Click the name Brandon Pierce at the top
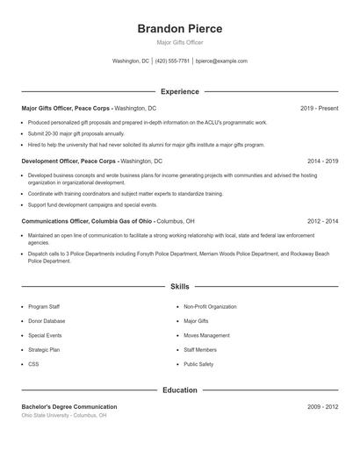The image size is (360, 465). pyautogui.click(x=180, y=29)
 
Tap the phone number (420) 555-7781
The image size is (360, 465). pyautogui.click(x=173, y=61)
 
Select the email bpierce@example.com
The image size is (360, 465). pyautogui.click(x=221, y=61)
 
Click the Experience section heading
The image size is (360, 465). pyautogui.click(x=180, y=91)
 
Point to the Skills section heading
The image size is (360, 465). pyautogui.click(x=180, y=286)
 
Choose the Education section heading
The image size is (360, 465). pyautogui.click(x=180, y=390)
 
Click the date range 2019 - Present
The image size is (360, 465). pyautogui.click(x=319, y=108)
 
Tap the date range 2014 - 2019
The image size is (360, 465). pyautogui.click(x=322, y=161)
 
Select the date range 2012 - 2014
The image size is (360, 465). pyautogui.click(x=322, y=221)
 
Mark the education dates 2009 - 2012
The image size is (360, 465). pyautogui.click(x=322, y=407)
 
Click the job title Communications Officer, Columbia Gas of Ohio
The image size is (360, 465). pyautogui.click(x=88, y=221)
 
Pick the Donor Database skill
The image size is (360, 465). pyautogui.click(x=47, y=321)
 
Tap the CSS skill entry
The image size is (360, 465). pyautogui.click(x=33, y=363)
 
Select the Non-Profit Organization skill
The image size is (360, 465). pyautogui.click(x=211, y=307)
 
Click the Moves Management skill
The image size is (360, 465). pyautogui.click(x=207, y=335)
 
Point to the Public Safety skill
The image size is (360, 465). pyautogui.click(x=198, y=363)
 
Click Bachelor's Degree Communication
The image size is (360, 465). pyautogui.click(x=69, y=407)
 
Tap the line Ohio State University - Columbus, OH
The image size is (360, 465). pyautogui.click(x=64, y=415)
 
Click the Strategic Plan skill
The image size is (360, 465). pyautogui.click(x=44, y=349)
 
